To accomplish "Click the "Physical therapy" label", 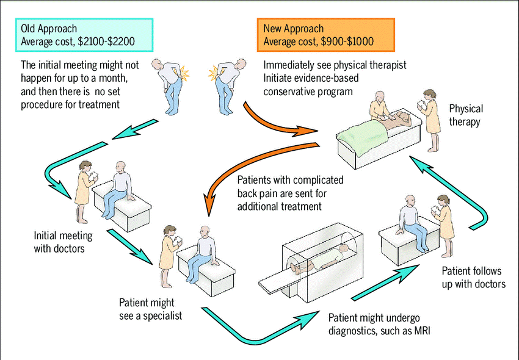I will click(x=466, y=115).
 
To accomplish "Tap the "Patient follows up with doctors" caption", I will click(x=473, y=278).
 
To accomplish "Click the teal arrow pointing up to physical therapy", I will click(x=464, y=195).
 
